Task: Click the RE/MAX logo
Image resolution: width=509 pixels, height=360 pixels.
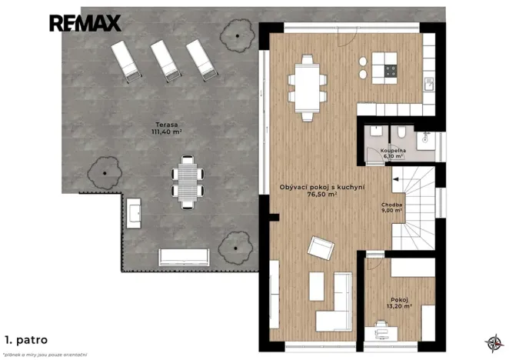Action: pyautogui.click(x=85, y=23)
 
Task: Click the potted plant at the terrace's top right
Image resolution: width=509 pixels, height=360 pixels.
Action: pyautogui.click(x=237, y=33)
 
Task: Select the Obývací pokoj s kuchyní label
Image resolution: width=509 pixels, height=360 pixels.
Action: pyautogui.click(x=321, y=191)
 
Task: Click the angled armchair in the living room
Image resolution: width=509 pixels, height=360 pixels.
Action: pyautogui.click(x=320, y=248)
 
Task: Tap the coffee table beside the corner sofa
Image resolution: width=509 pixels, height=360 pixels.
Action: pyautogui.click(x=316, y=286)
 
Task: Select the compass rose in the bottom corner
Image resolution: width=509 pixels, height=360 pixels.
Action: pyautogui.click(x=491, y=342)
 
